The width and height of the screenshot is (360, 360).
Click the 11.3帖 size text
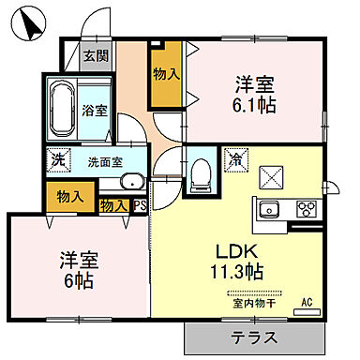coord(240,272)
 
